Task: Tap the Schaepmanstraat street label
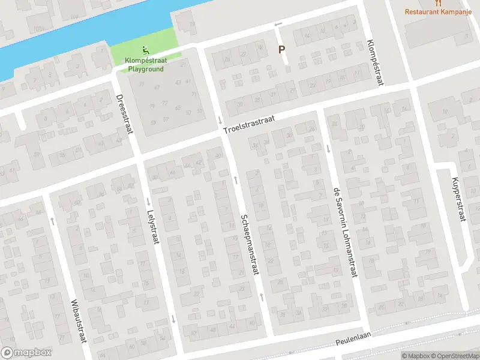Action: pos(250,245)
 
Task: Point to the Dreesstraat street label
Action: pos(123,114)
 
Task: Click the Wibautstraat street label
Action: pos(79,320)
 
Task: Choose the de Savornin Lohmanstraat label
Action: pos(345,234)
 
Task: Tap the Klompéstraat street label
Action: pos(374,62)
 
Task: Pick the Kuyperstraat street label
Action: pos(459,199)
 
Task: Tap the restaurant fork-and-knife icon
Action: pos(439,2)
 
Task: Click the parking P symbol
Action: pos(281,50)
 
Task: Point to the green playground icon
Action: pos(145,49)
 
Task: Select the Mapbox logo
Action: pos(26,352)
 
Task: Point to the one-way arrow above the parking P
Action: pos(277,25)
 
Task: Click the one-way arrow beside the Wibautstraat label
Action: pos(53,220)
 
